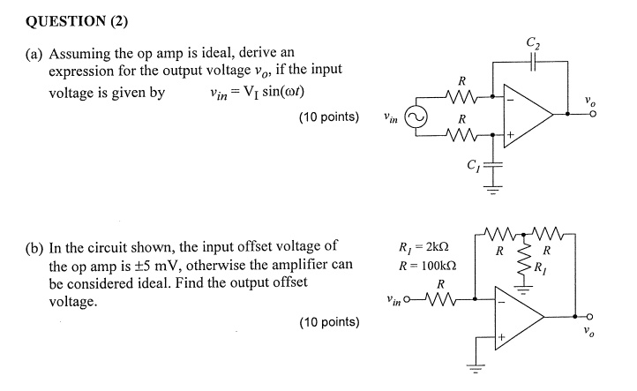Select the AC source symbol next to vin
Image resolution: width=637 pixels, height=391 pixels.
(415, 115)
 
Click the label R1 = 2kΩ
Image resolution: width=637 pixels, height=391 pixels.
(426, 247)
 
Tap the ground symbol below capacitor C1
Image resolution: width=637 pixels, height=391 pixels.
(495, 187)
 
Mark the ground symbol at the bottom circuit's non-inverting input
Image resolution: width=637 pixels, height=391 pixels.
(479, 372)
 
